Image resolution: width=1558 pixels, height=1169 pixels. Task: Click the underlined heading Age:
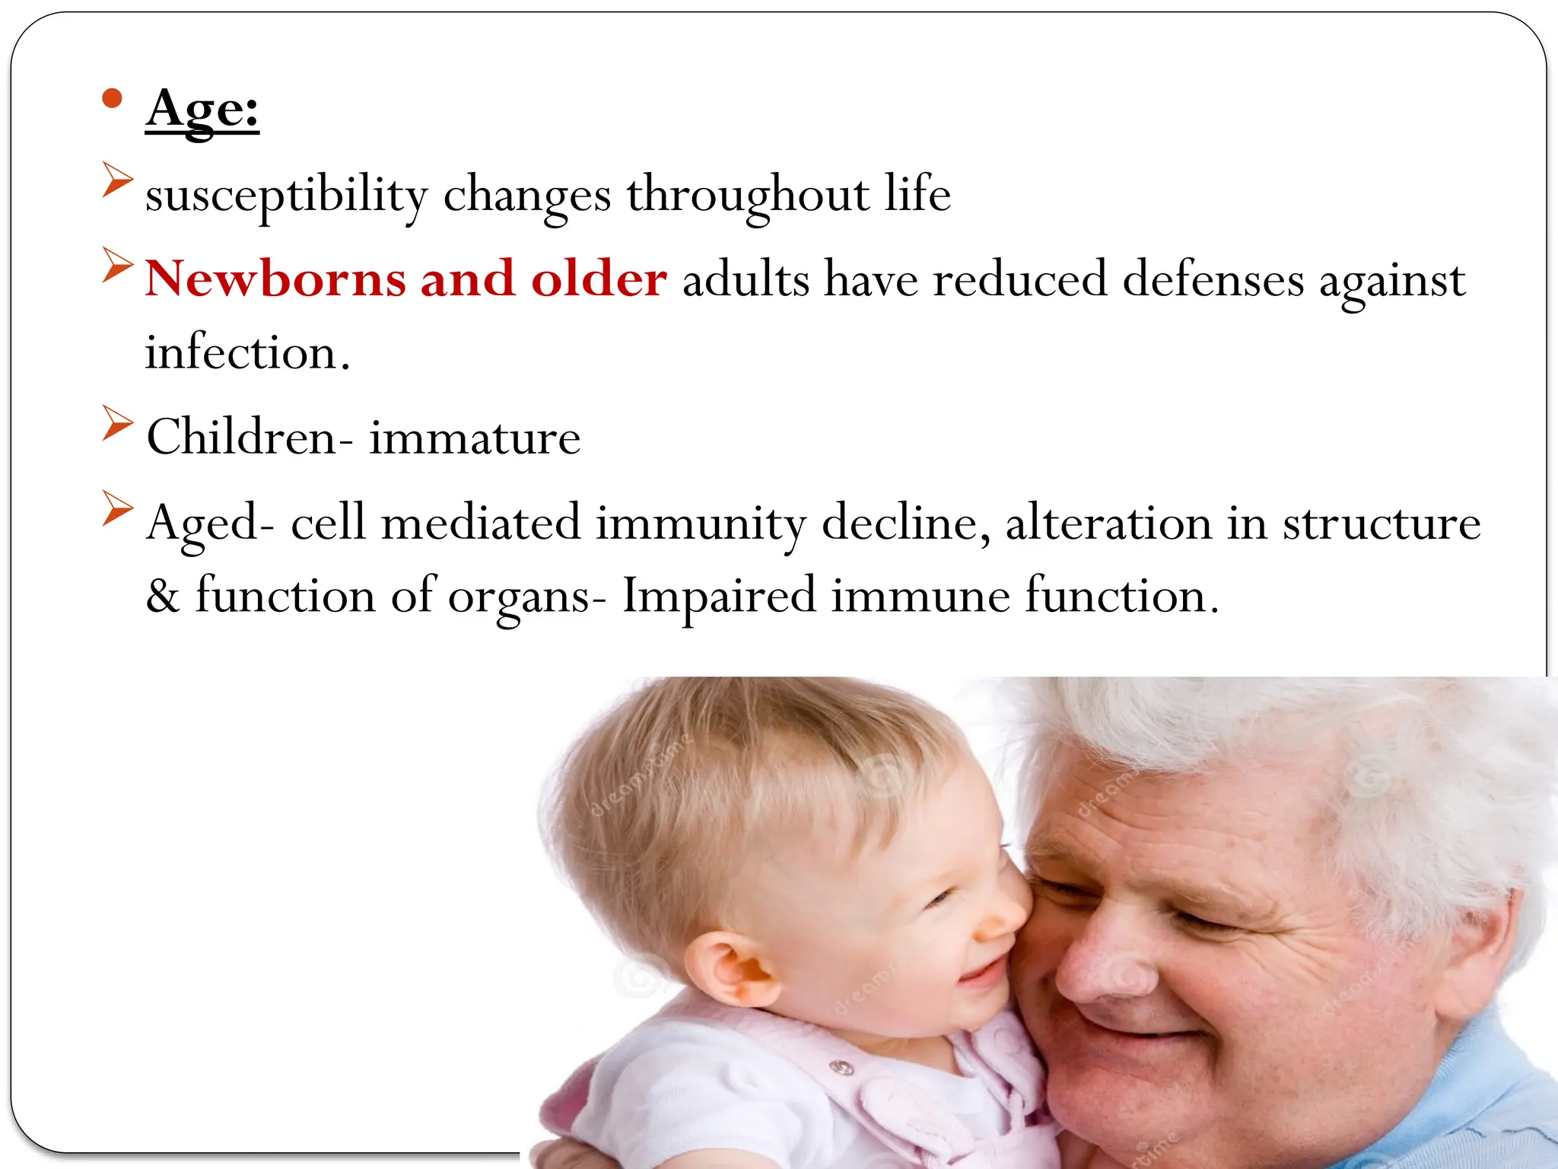(x=202, y=110)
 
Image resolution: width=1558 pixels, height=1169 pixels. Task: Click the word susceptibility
(x=287, y=195)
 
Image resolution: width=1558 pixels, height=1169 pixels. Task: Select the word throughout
(x=747, y=195)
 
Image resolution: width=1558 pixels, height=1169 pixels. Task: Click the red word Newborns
(x=275, y=279)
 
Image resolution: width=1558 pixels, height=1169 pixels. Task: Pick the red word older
(x=599, y=279)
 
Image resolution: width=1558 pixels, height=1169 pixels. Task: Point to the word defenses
(x=1213, y=280)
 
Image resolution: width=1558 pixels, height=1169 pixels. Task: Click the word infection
(x=247, y=353)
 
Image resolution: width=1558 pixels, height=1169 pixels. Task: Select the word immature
(x=475, y=438)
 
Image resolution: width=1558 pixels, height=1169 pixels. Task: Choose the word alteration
(x=1108, y=524)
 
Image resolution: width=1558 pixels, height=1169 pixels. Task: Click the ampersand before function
(x=162, y=596)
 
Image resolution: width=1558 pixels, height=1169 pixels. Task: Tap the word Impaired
(x=718, y=596)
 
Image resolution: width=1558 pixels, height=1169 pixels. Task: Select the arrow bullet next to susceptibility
(x=117, y=179)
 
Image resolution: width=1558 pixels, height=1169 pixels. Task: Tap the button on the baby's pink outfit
(x=841, y=1069)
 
